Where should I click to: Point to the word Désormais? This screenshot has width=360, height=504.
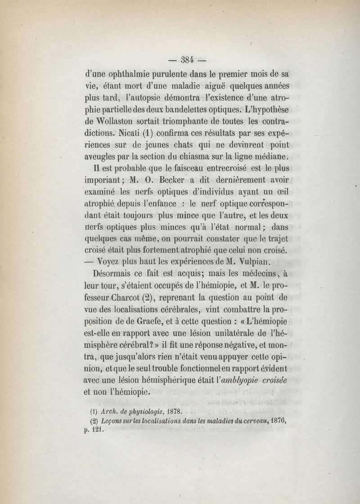click(x=117, y=273)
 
